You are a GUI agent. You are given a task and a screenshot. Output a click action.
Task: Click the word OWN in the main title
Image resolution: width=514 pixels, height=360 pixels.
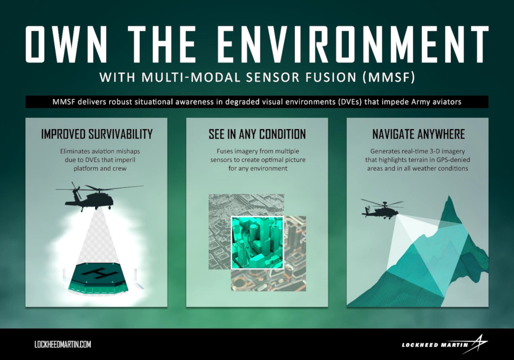pos(66,44)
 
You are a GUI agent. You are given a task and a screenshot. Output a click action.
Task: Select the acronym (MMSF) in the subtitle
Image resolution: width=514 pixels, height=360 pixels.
pos(389,77)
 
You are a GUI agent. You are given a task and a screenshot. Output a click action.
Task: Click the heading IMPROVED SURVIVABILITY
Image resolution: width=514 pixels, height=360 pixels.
pos(97,134)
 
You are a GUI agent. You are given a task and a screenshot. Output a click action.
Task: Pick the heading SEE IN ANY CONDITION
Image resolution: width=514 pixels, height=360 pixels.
pos(257,134)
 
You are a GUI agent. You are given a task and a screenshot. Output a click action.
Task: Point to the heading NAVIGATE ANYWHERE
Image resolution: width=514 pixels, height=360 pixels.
pos(418,134)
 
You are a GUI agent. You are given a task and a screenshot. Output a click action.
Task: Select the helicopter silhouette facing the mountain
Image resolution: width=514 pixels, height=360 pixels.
pos(382,210)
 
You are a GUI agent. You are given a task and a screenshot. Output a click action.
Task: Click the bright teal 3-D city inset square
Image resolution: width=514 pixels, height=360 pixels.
pos(257,243)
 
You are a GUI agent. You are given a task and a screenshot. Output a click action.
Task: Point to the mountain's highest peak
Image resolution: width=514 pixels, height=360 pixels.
pos(449,196)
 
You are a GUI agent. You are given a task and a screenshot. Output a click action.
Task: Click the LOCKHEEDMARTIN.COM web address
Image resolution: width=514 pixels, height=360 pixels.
pos(63,345)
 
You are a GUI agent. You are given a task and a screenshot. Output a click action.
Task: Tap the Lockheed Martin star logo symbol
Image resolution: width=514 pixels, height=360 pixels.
pos(478,346)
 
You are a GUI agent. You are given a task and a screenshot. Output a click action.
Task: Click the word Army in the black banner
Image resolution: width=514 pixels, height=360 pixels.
pos(419,102)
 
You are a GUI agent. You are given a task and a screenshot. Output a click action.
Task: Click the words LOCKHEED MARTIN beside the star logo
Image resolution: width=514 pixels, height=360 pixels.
pos(435,351)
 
